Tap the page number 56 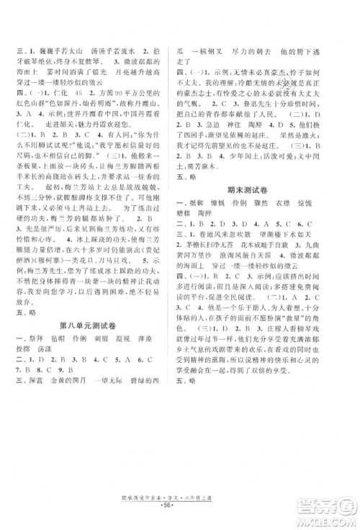point(180,516)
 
